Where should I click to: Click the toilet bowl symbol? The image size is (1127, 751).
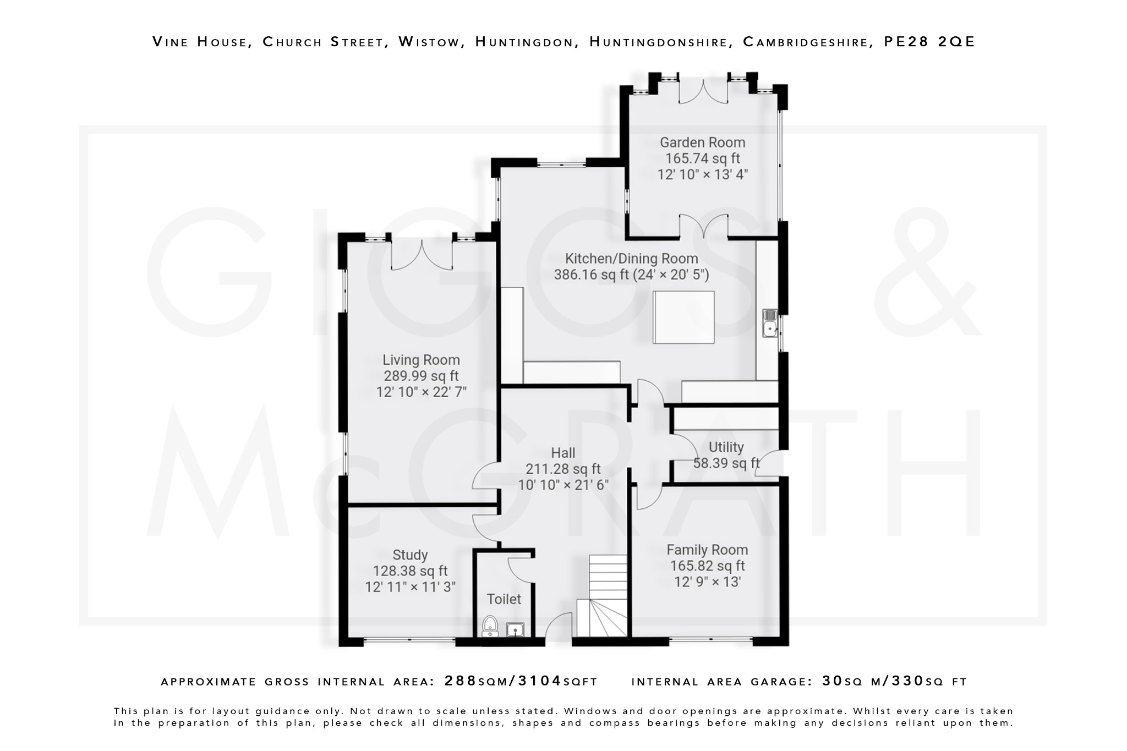tap(490, 626)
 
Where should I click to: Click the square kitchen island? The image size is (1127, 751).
tap(683, 317)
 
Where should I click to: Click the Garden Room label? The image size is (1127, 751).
tap(702, 142)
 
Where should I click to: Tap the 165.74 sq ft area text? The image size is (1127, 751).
tap(702, 158)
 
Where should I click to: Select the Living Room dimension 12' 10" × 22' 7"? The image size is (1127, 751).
tap(421, 392)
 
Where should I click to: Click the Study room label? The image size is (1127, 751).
tap(410, 555)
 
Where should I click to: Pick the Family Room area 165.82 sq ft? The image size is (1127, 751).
tap(707, 566)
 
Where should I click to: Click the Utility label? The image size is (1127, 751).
tap(726, 447)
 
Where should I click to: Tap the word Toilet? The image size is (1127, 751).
tap(504, 599)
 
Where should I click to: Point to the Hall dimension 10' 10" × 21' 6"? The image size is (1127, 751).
tap(563, 485)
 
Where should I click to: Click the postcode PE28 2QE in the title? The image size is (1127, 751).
tap(929, 42)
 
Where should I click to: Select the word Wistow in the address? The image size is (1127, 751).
tap(429, 42)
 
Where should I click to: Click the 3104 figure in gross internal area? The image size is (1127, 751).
tap(539, 681)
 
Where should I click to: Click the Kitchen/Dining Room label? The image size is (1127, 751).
tap(631, 259)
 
